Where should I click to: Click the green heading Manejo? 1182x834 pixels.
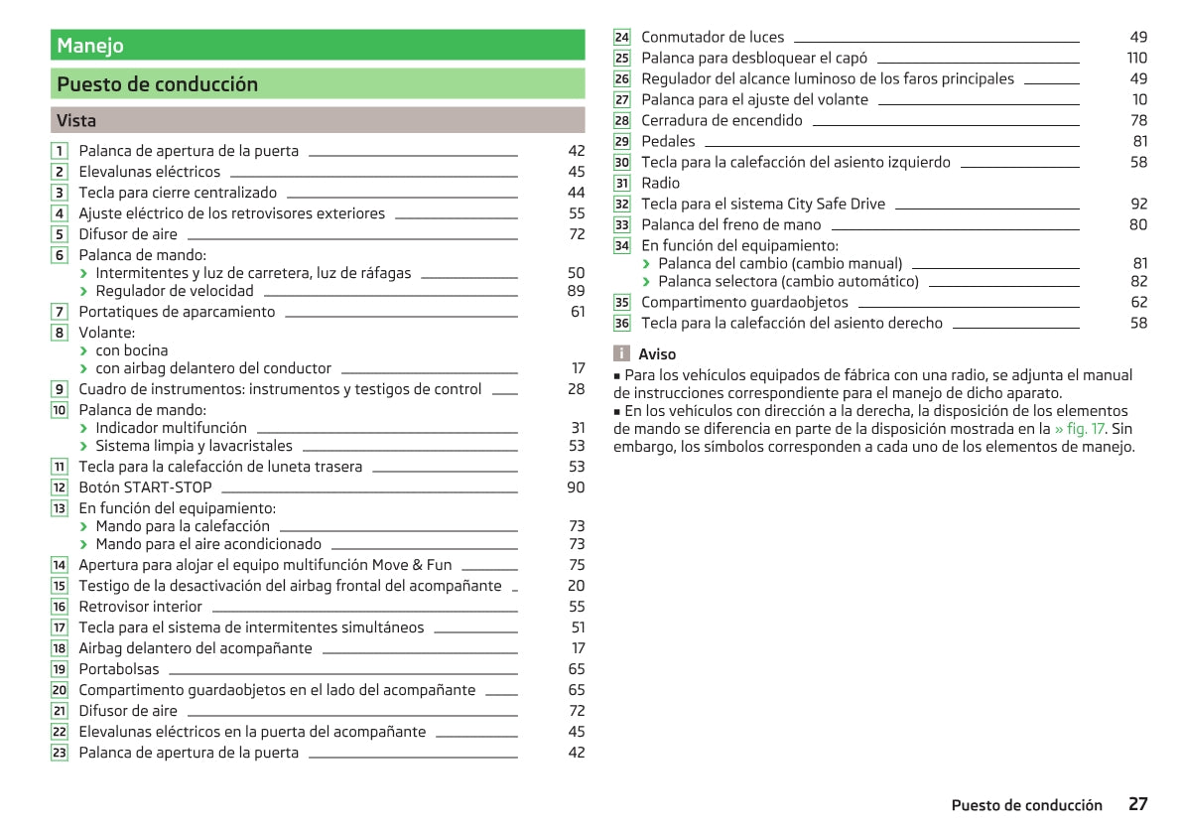90,46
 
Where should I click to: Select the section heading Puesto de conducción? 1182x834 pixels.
157,84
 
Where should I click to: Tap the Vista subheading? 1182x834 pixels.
76,121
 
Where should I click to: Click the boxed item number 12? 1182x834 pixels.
60,487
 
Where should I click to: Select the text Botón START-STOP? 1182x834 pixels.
145,487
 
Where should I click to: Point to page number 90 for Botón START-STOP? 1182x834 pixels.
576,487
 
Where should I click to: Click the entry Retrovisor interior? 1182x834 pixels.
140,607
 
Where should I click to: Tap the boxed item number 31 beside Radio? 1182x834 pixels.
622,183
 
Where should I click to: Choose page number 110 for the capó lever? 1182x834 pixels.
1136,58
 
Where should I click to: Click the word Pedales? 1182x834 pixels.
668,141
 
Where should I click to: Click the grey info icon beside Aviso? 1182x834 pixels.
621,353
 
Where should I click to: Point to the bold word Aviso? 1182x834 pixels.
657,354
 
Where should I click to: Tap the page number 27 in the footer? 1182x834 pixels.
1137,804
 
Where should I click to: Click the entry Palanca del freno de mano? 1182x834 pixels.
731,224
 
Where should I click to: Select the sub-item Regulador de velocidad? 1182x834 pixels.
175,291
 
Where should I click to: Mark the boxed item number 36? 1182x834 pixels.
622,324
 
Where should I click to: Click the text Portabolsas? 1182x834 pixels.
119,669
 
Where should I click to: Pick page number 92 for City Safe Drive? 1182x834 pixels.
1138,204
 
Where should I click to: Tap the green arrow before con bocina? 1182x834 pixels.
84,350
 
